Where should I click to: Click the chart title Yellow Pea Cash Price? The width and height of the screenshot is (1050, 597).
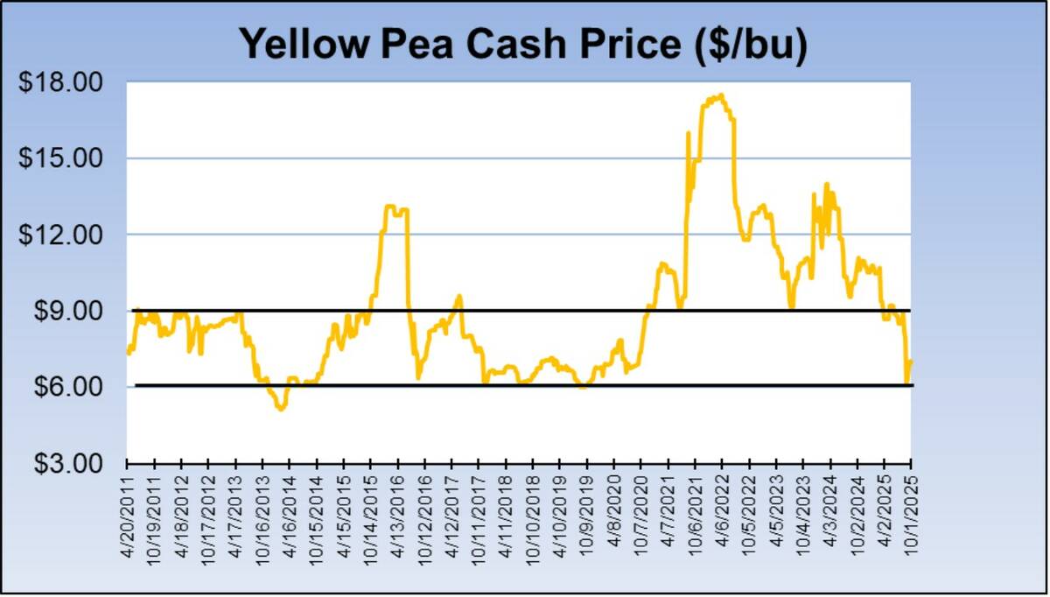(522, 44)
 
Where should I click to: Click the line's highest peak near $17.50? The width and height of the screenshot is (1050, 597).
(719, 95)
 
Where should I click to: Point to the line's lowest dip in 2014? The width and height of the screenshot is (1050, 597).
(280, 408)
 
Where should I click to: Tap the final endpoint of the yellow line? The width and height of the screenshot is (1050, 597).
(911, 361)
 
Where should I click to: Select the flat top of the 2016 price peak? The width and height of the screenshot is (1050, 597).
(395, 208)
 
